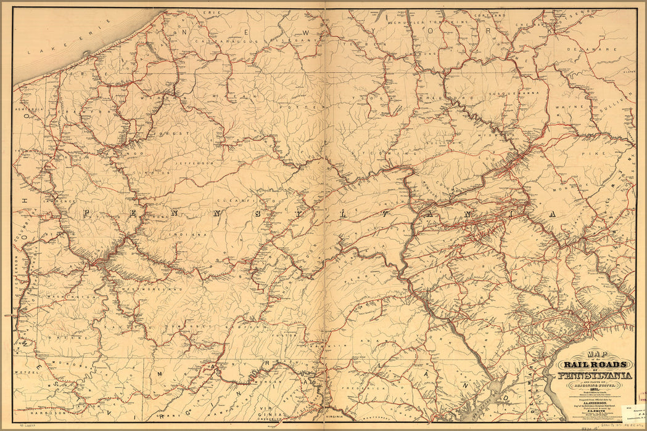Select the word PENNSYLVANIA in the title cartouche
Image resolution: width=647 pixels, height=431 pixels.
click(594, 376)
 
